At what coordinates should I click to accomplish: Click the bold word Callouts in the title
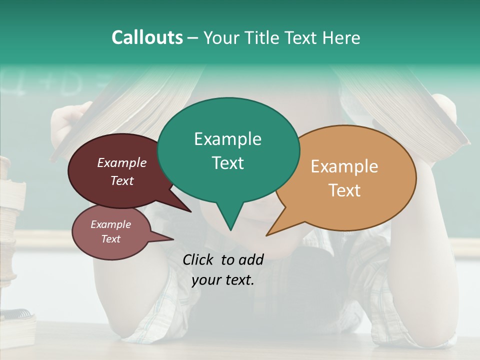(147, 37)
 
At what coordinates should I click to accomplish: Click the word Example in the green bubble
(227, 139)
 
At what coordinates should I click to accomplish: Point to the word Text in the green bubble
(227, 163)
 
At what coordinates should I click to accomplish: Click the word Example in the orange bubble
(344, 166)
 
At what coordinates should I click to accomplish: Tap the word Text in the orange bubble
(344, 190)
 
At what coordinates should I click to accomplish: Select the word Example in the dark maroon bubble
(121, 163)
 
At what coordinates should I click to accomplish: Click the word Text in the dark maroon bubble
(122, 180)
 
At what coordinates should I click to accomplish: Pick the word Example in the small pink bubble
(110, 224)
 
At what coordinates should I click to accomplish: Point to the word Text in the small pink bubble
(110, 239)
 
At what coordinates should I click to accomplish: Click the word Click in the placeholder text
(199, 259)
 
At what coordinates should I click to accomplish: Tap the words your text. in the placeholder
(223, 280)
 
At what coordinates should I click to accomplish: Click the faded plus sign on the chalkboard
(55, 82)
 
